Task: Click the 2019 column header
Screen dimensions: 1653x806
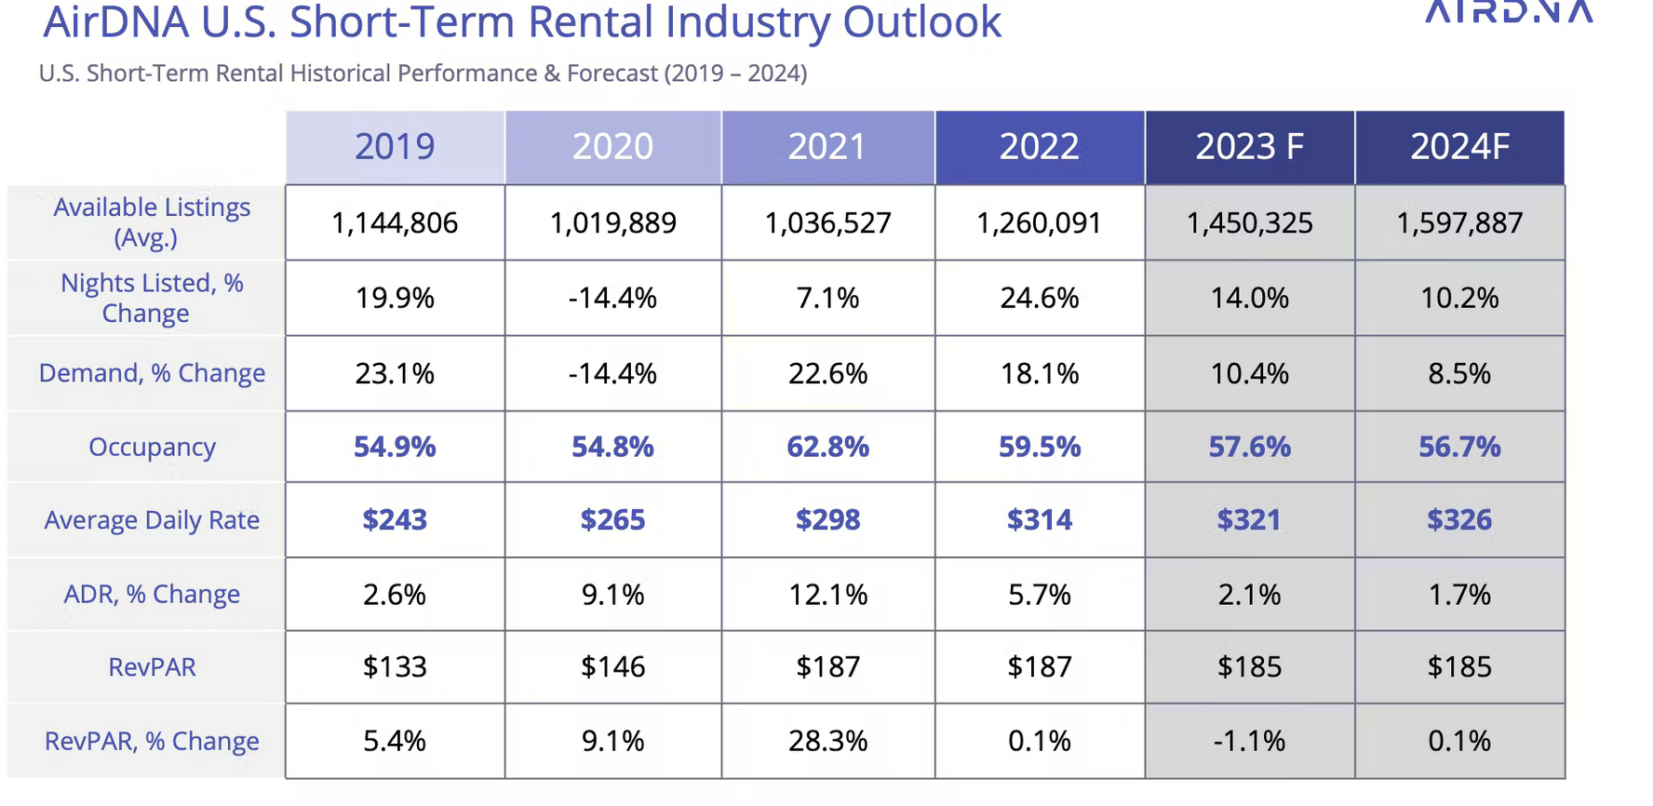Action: click(395, 147)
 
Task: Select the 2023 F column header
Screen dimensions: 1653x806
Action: click(1250, 147)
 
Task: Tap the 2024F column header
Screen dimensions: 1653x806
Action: click(1459, 147)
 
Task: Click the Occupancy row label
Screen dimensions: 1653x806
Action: click(152, 448)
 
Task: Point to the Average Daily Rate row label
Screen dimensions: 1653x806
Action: click(152, 520)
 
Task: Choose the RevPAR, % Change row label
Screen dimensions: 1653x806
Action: click(152, 742)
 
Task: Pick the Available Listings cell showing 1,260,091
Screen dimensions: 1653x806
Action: click(1039, 223)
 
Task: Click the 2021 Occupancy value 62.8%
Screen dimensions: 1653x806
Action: click(827, 448)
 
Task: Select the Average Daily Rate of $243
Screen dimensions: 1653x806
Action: click(395, 520)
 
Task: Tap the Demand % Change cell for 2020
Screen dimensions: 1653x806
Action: click(612, 374)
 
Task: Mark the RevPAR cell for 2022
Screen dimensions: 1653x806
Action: click(1039, 667)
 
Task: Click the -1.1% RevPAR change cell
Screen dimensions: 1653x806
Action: click(1250, 742)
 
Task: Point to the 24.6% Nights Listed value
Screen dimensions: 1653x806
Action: click(1039, 299)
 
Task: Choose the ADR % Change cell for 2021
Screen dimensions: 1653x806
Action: click(827, 595)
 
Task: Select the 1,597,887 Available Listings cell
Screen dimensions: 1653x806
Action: click(1459, 223)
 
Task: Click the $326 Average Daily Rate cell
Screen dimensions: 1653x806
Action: click(1459, 520)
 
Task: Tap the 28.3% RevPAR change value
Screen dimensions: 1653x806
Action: click(827, 742)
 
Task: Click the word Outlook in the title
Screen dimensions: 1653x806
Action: click(921, 22)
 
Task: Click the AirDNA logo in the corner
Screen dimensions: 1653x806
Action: click(1510, 11)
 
